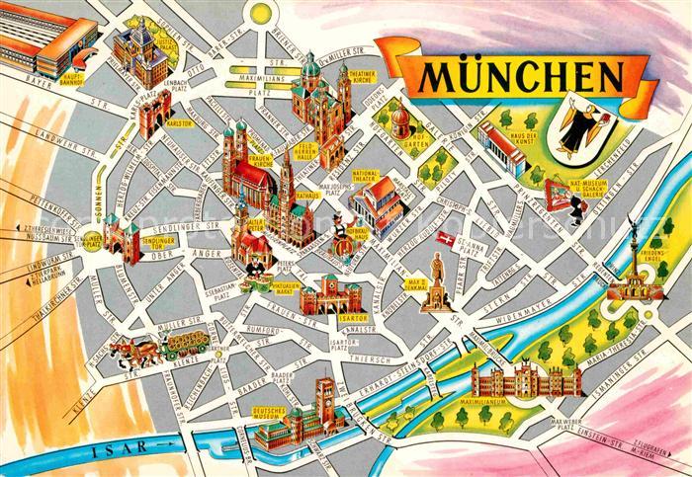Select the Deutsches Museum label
269,413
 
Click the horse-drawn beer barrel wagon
163,346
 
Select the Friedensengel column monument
630,252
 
